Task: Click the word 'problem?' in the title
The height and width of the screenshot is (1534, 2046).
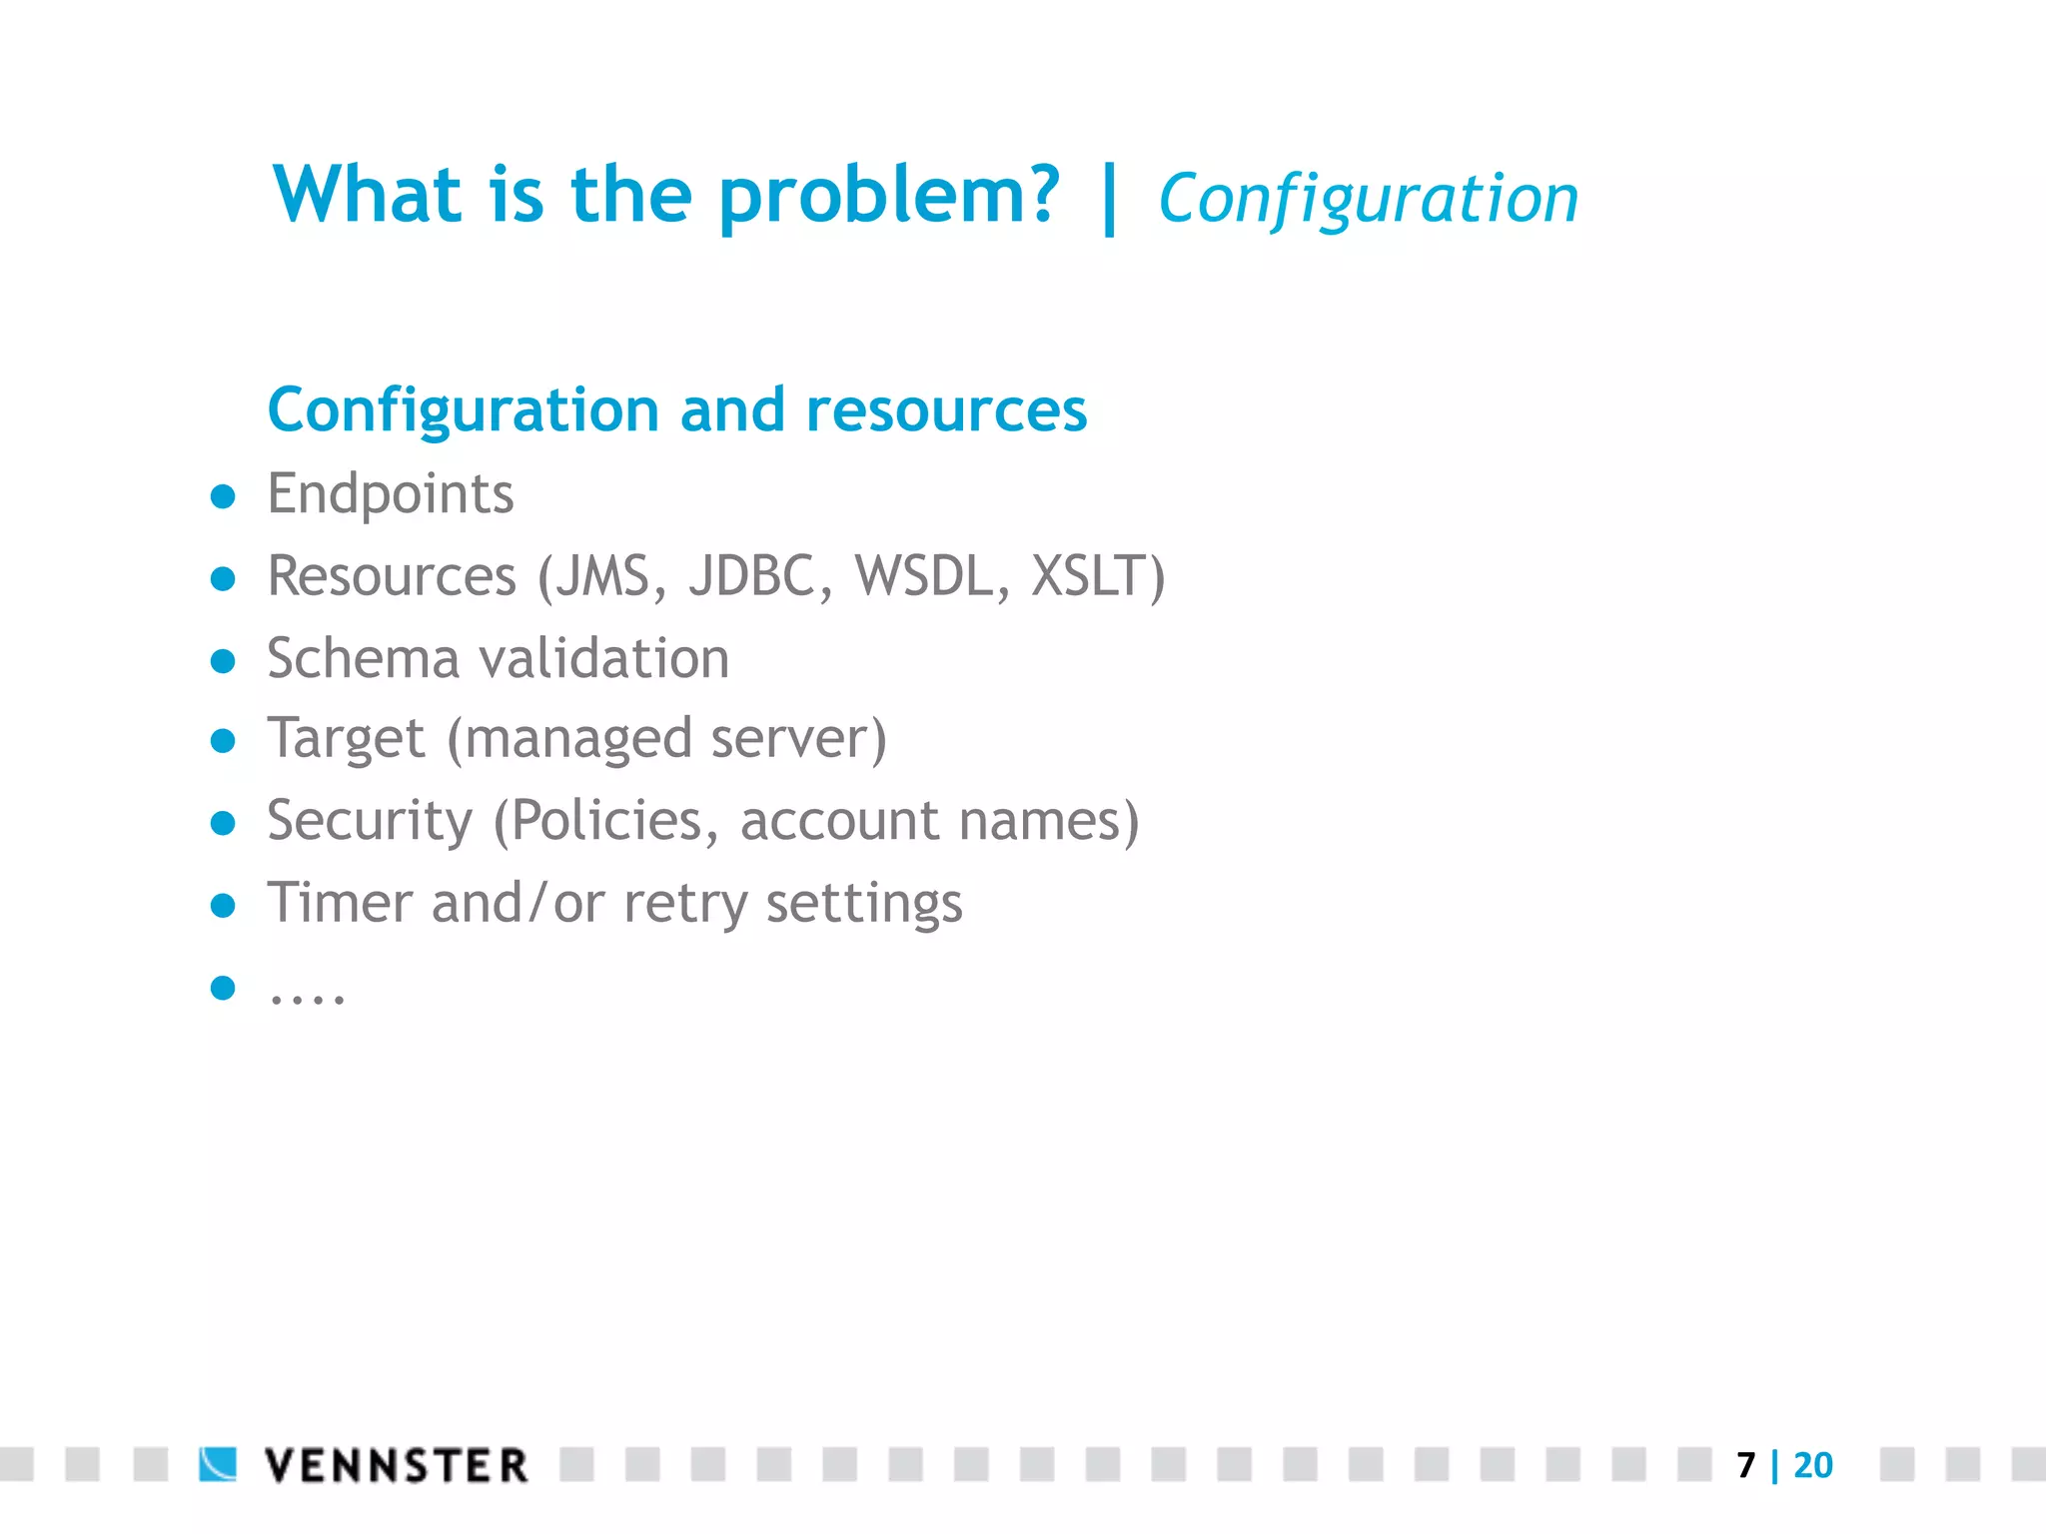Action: click(888, 196)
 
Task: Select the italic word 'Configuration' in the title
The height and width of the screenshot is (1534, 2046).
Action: click(1368, 199)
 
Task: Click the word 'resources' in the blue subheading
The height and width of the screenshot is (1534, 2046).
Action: click(945, 410)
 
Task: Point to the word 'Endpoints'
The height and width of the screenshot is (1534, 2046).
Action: click(391, 494)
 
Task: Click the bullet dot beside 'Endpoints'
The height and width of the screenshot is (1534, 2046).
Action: click(223, 496)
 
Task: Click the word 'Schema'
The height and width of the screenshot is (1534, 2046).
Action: click(363, 659)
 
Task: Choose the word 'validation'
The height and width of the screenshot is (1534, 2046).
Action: click(604, 659)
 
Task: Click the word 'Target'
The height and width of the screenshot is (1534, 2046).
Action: click(346, 740)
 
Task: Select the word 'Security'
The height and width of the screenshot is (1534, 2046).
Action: click(370, 822)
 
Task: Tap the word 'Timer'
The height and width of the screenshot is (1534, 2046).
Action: click(339, 903)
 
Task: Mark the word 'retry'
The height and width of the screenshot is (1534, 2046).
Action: click(684, 905)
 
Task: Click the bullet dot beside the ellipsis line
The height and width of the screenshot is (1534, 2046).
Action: click(223, 988)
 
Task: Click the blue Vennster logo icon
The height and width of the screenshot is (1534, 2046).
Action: click(218, 1464)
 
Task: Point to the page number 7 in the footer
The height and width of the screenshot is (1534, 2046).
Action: click(1745, 1465)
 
